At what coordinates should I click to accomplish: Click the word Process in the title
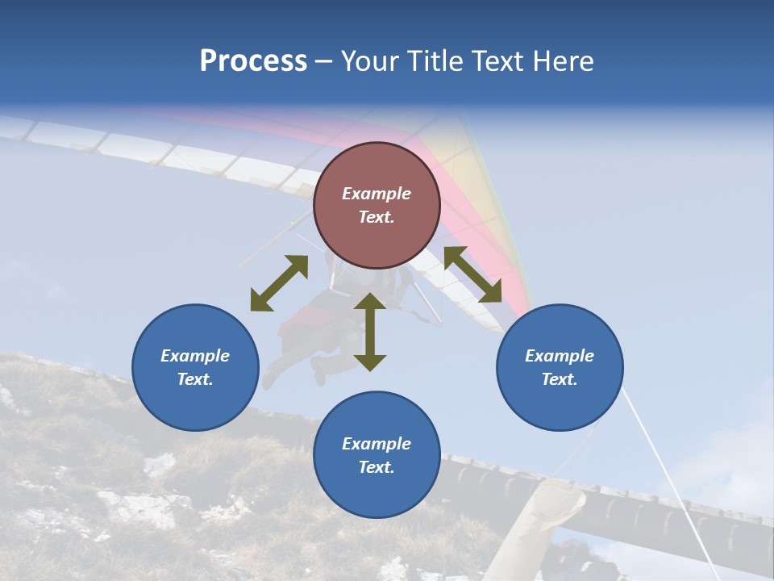(253, 61)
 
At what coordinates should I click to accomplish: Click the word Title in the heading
(434, 61)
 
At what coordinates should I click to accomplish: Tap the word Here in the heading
(562, 61)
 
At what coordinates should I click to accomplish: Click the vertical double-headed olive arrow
(370, 332)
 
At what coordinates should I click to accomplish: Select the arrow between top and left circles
(279, 283)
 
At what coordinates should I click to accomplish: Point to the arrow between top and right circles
(472, 274)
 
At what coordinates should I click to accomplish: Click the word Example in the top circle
(377, 194)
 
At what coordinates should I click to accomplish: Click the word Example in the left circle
(195, 356)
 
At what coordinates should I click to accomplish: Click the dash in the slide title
(323, 61)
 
